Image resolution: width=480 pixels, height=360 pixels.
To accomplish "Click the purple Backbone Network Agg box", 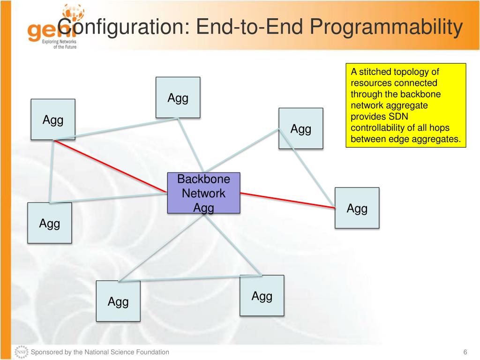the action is [203, 193].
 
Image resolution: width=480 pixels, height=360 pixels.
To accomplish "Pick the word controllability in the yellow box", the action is [380, 127].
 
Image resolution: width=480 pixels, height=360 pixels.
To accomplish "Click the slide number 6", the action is [465, 352].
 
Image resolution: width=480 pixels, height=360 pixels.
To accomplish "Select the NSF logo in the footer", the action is [22, 352].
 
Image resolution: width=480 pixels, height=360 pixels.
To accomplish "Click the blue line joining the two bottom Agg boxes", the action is [190, 278].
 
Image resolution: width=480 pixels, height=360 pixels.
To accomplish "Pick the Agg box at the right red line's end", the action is [357, 208].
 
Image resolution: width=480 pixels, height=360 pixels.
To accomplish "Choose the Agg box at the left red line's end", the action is [53, 120].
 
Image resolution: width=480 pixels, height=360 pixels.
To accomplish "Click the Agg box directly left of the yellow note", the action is [301, 128].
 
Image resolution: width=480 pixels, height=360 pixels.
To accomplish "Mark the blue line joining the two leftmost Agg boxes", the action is [52, 172].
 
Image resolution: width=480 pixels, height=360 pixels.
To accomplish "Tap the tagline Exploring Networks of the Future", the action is [59, 44].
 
